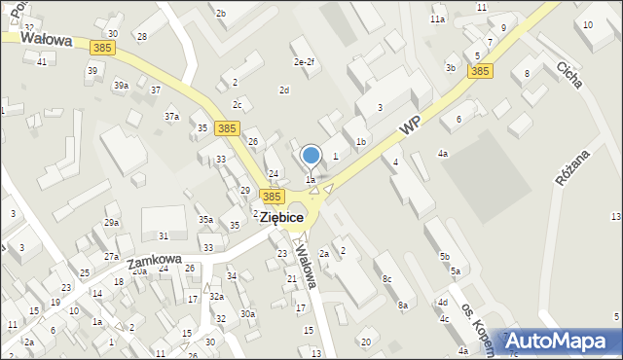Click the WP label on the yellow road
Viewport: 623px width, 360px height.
click(x=410, y=128)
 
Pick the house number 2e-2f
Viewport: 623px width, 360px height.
click(x=305, y=63)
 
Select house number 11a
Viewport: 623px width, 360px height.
click(x=438, y=19)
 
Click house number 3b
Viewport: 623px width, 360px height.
click(x=451, y=67)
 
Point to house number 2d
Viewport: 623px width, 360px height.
click(x=284, y=90)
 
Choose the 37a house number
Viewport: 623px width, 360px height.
click(x=171, y=117)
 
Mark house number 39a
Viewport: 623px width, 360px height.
click(x=121, y=86)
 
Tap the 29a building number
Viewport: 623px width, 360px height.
click(x=112, y=223)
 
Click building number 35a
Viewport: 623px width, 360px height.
click(x=205, y=220)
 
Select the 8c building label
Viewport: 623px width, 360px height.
click(x=387, y=280)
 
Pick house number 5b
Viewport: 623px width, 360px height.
click(x=445, y=256)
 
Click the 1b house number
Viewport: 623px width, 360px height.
click(x=360, y=142)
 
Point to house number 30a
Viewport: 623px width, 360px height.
click(x=248, y=313)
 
